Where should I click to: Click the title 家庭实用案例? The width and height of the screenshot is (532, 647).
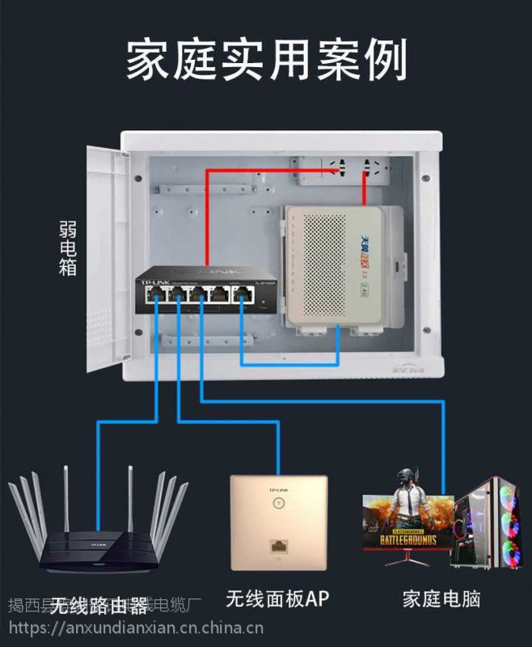pyautogui.click(x=266, y=58)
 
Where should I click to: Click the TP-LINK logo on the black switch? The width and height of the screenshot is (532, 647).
pyautogui.click(x=154, y=281)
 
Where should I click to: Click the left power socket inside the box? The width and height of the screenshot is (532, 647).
pyautogui.click(x=335, y=170)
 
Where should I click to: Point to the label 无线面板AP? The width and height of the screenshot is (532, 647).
pyautogui.click(x=277, y=599)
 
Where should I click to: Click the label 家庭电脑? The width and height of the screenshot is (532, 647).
pyautogui.click(x=441, y=599)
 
